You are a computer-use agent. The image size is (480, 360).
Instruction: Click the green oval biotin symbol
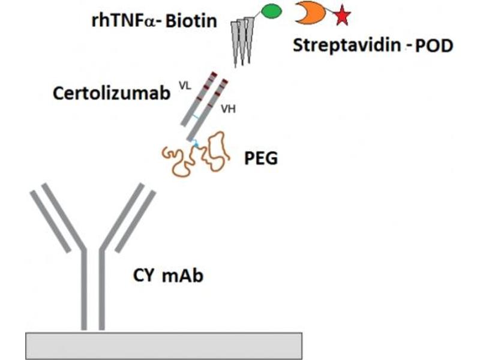click(271, 11)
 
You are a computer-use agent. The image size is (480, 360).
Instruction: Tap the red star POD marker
click(341, 16)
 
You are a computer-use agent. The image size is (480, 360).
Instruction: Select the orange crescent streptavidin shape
click(308, 13)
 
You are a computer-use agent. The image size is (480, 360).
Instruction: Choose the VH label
click(227, 110)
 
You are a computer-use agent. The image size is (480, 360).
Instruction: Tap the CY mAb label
click(167, 277)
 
